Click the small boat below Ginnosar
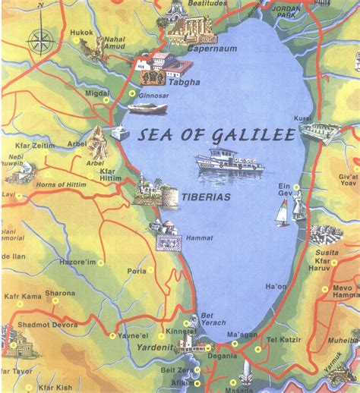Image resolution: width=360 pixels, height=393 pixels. [147, 108]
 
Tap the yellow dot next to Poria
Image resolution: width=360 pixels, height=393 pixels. [150, 269]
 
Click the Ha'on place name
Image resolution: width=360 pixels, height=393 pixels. [276, 287]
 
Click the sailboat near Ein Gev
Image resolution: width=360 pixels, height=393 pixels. [282, 216]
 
